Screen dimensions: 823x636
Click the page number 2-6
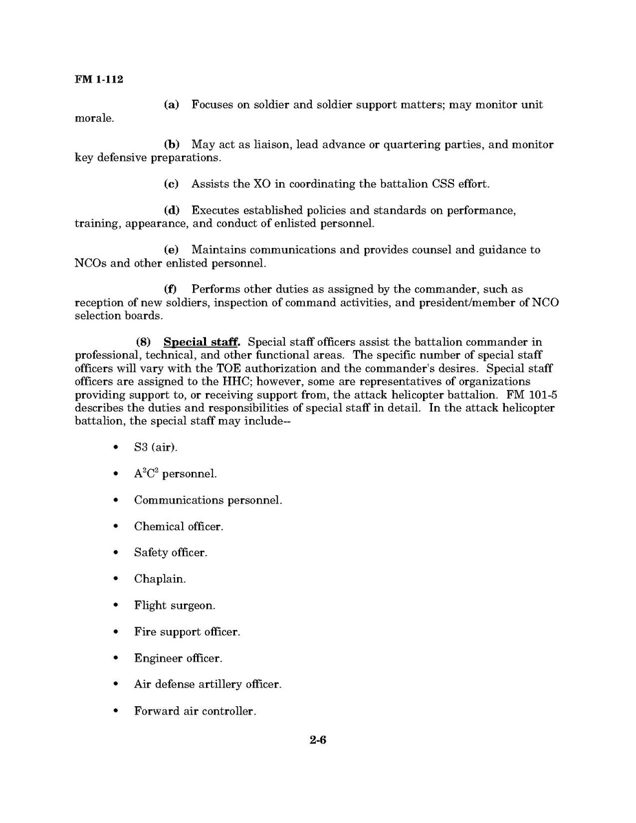pyautogui.click(x=317, y=740)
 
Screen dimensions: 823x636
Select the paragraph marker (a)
pyautogui.click(x=171, y=105)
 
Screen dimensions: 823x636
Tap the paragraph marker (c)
pyautogui.click(x=171, y=184)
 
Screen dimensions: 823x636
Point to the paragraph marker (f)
pyautogui.click(x=170, y=290)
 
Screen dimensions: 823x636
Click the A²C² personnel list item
pyautogui.click(x=175, y=474)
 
